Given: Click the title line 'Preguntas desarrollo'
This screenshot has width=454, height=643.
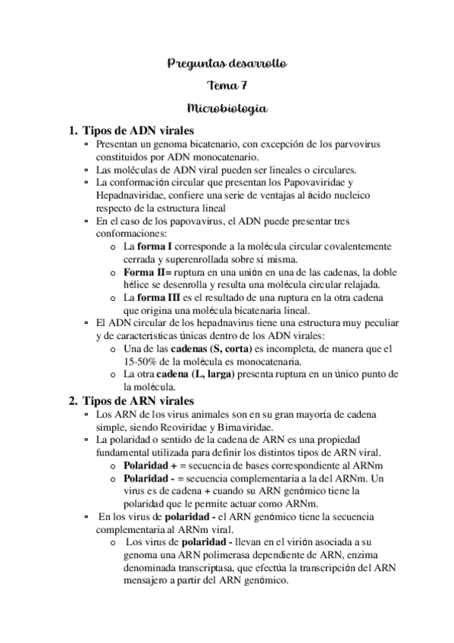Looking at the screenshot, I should pyautogui.click(x=227, y=63).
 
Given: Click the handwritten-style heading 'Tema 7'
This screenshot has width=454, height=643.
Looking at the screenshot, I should pyautogui.click(x=227, y=86).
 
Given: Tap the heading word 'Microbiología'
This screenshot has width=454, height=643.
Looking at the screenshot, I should pyautogui.click(x=227, y=108).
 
